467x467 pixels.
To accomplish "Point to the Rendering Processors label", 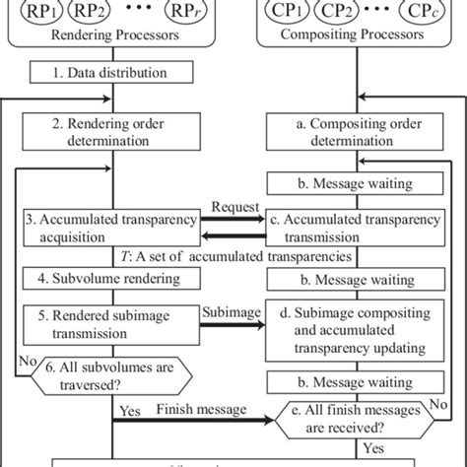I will click(x=116, y=38).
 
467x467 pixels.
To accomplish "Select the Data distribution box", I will click(x=116, y=73).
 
